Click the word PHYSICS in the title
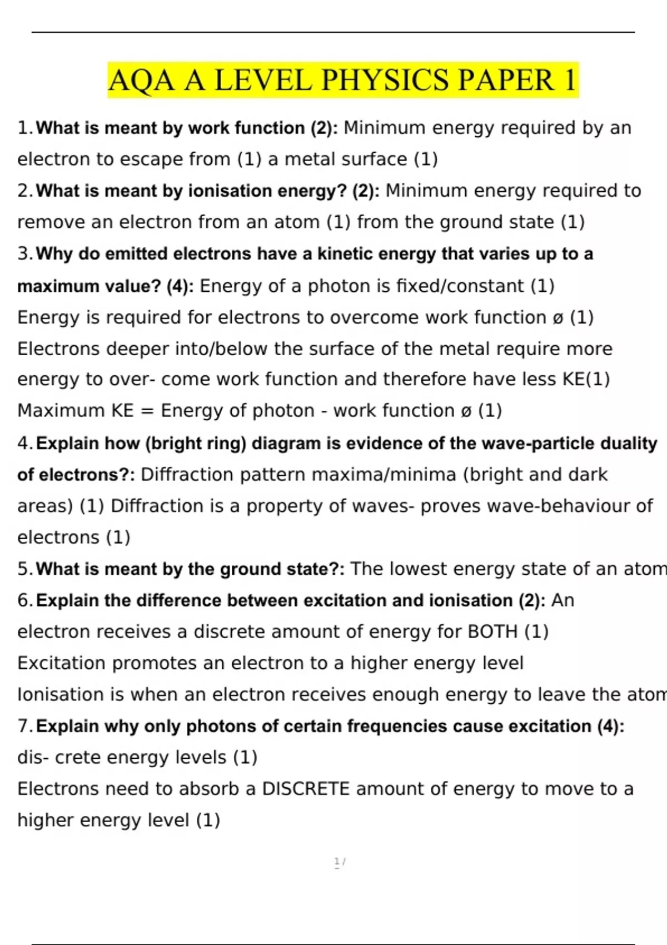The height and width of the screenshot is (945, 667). click(x=385, y=80)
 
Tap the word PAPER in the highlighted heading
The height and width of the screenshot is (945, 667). click(x=506, y=80)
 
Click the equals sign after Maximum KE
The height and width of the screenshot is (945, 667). click(x=147, y=411)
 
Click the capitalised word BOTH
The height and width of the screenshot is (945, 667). click(x=492, y=631)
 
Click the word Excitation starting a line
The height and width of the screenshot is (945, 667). click(x=62, y=663)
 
